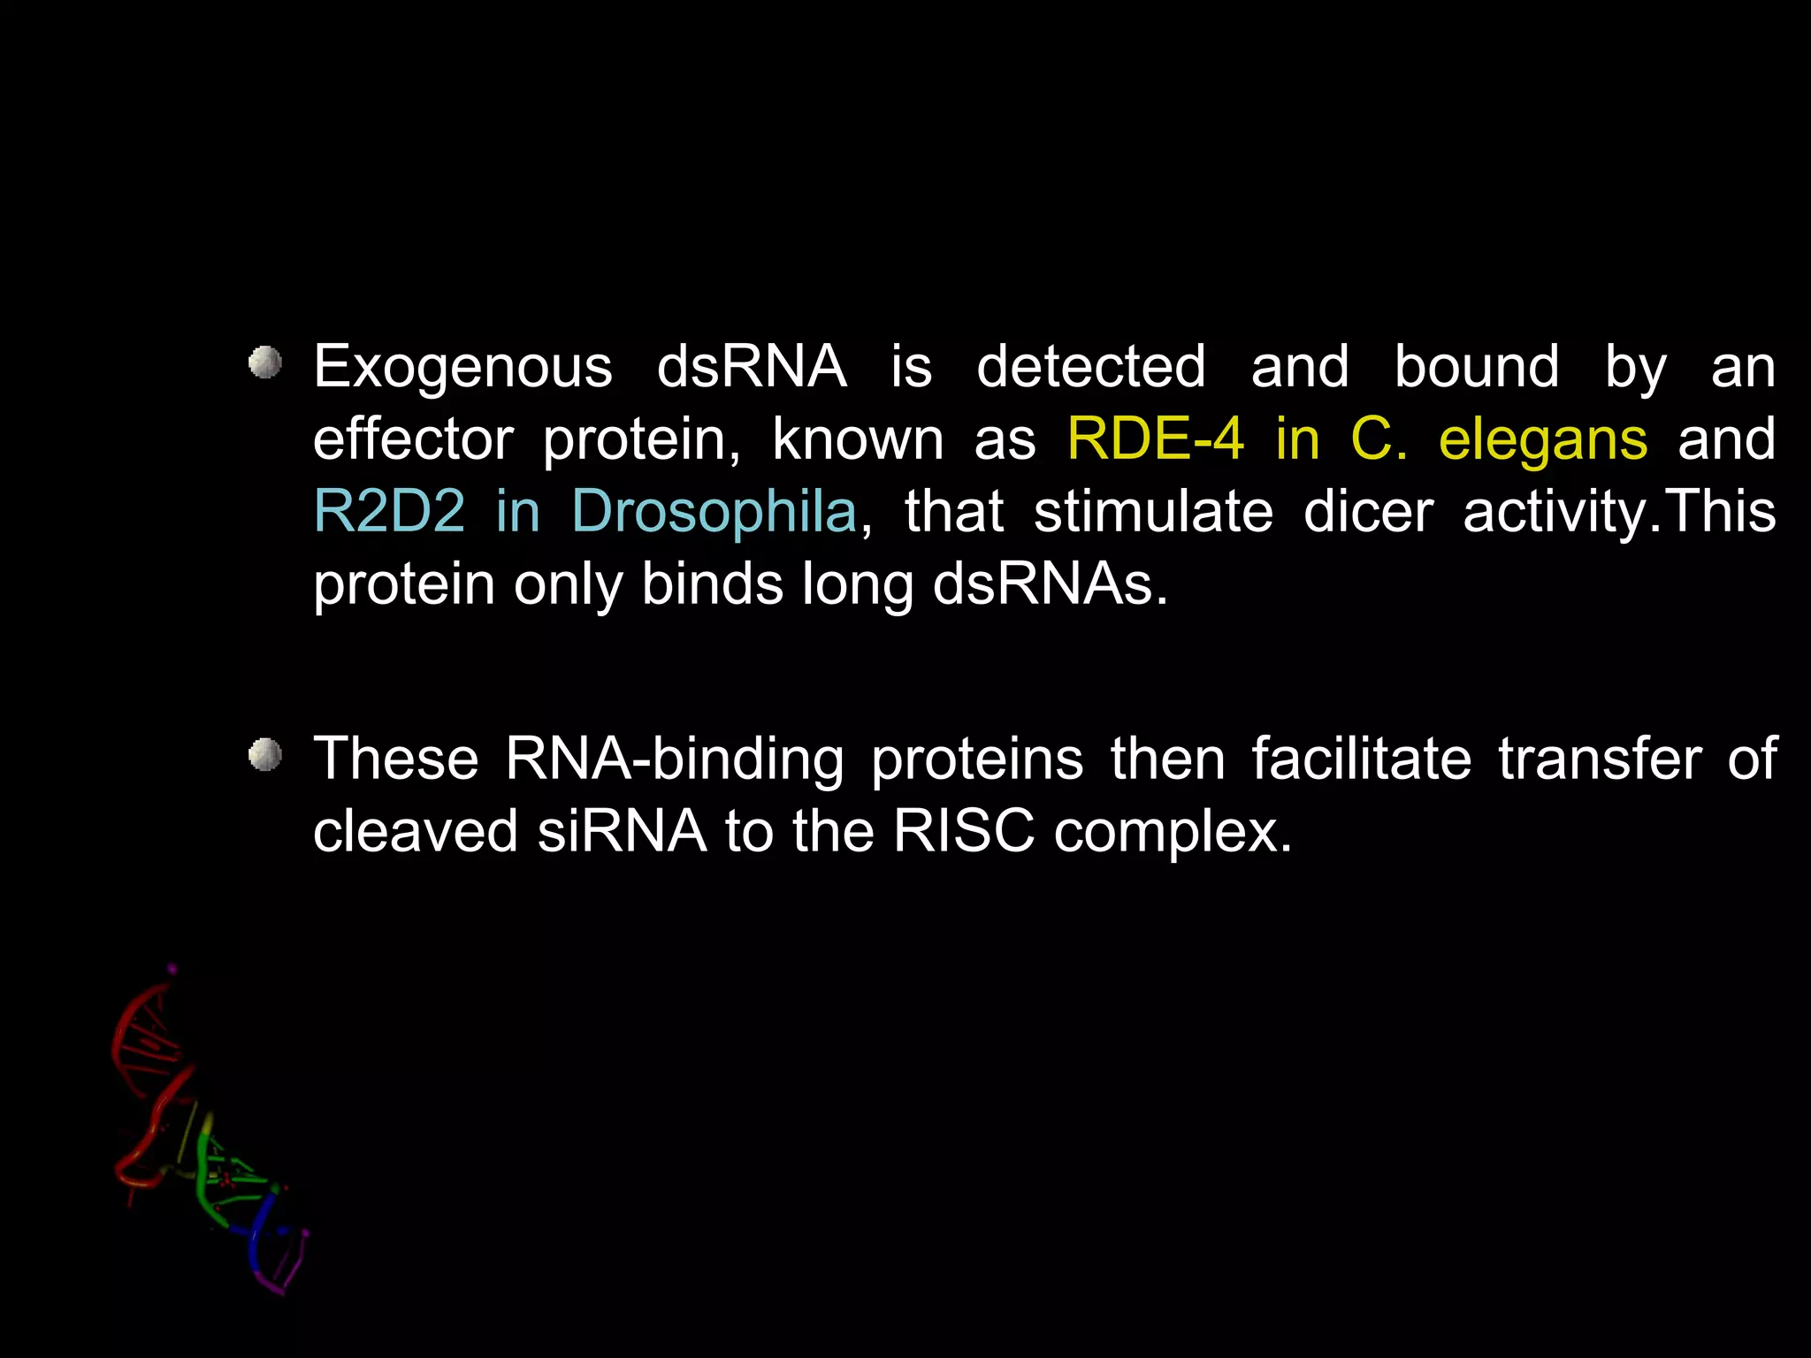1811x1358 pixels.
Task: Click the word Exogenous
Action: [462, 368]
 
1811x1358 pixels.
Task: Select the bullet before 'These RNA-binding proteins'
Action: [264, 756]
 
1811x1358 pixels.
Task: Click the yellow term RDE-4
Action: [1155, 439]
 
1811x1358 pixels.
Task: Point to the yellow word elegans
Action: [1543, 440]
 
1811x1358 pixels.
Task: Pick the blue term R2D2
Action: [389, 511]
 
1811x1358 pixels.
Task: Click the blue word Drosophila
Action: [714, 513]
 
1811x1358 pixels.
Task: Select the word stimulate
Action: [1153, 511]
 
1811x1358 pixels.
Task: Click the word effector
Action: [413, 439]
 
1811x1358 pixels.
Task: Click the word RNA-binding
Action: [675, 759]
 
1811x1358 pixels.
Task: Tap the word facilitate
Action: [1361, 759]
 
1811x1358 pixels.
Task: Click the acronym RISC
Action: [963, 831]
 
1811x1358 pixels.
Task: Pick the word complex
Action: [1173, 833]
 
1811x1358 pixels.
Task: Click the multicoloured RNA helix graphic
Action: [209, 1132]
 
